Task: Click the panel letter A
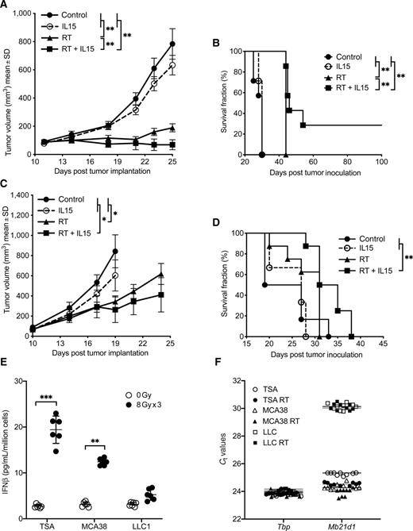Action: pyautogui.click(x=6, y=6)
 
